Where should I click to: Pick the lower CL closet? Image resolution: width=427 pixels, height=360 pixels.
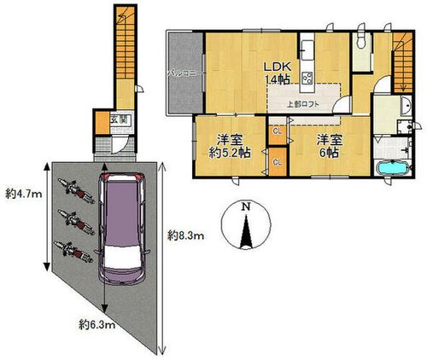[278, 160]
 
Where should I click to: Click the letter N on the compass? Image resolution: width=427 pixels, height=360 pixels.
[245, 207]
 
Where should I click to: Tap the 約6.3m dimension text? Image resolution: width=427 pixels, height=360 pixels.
[97, 323]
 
